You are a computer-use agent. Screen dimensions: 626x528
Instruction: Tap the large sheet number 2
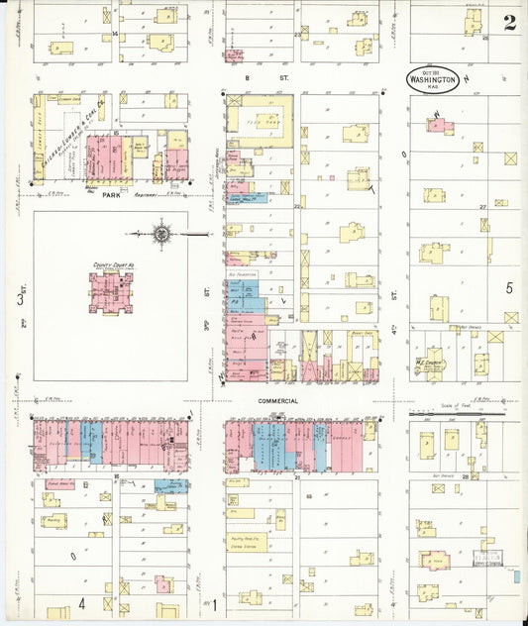tap(509, 23)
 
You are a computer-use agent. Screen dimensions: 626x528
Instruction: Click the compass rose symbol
tap(161, 235)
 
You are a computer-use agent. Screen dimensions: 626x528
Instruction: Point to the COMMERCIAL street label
tap(277, 401)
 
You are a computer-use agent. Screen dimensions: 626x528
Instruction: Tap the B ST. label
tap(251, 76)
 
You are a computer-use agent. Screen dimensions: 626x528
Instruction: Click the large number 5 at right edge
tap(509, 288)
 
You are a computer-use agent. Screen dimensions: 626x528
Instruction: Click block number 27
tap(483, 206)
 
